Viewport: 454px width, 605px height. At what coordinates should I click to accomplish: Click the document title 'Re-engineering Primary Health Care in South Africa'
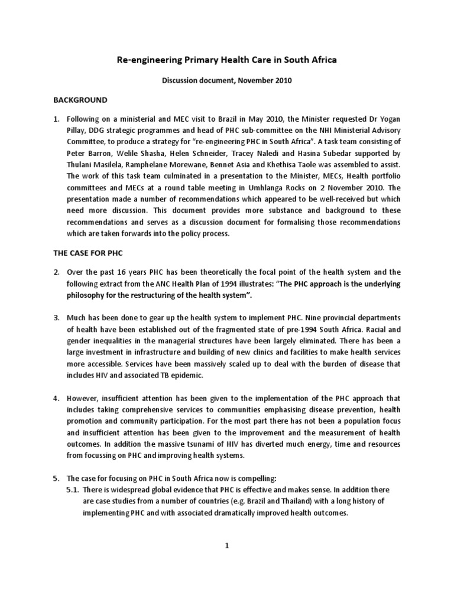point(227,60)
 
